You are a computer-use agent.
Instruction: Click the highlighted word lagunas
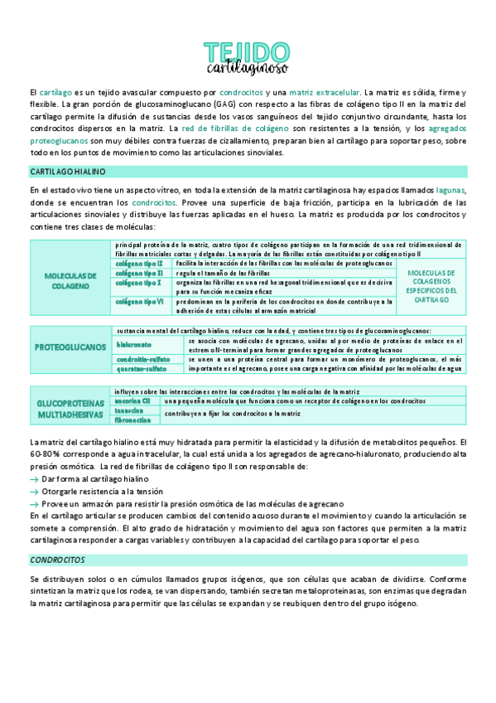(451, 190)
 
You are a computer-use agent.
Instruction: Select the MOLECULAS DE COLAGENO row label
(70, 280)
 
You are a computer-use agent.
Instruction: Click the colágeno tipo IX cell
(139, 263)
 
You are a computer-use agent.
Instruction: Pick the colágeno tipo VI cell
(139, 302)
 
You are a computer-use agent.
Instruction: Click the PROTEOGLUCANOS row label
(70, 347)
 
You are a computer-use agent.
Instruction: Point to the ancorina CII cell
(133, 400)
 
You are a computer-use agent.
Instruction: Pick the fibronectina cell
(134, 420)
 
